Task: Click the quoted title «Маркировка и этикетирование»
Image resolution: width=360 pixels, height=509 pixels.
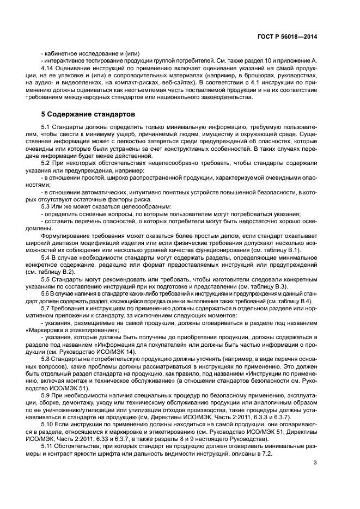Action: tap(80, 329)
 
